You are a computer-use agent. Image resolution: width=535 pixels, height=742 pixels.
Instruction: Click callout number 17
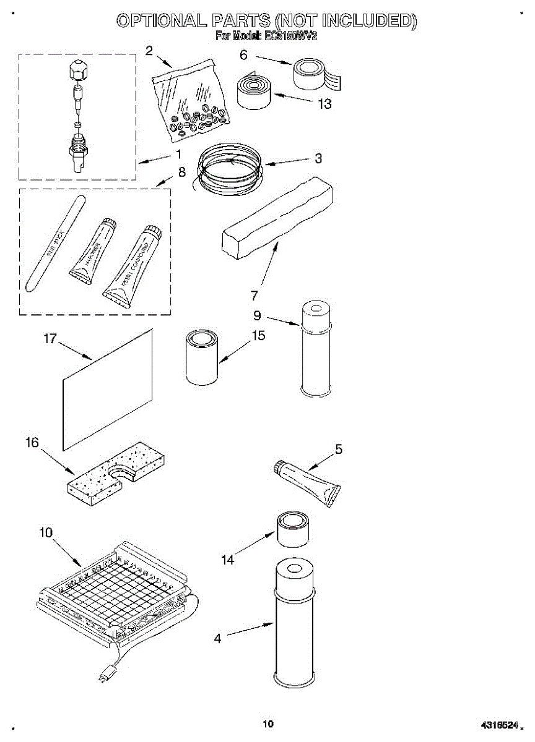50,338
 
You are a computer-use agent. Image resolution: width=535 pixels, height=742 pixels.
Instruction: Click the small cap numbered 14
292,529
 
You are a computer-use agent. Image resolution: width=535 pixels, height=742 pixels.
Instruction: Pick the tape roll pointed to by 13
254,93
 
